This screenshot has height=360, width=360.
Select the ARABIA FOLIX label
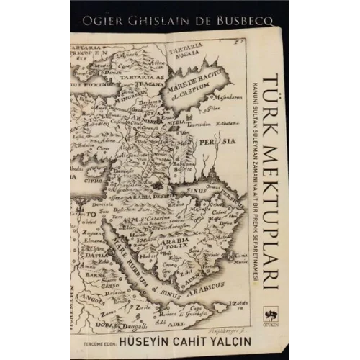(177, 230)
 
